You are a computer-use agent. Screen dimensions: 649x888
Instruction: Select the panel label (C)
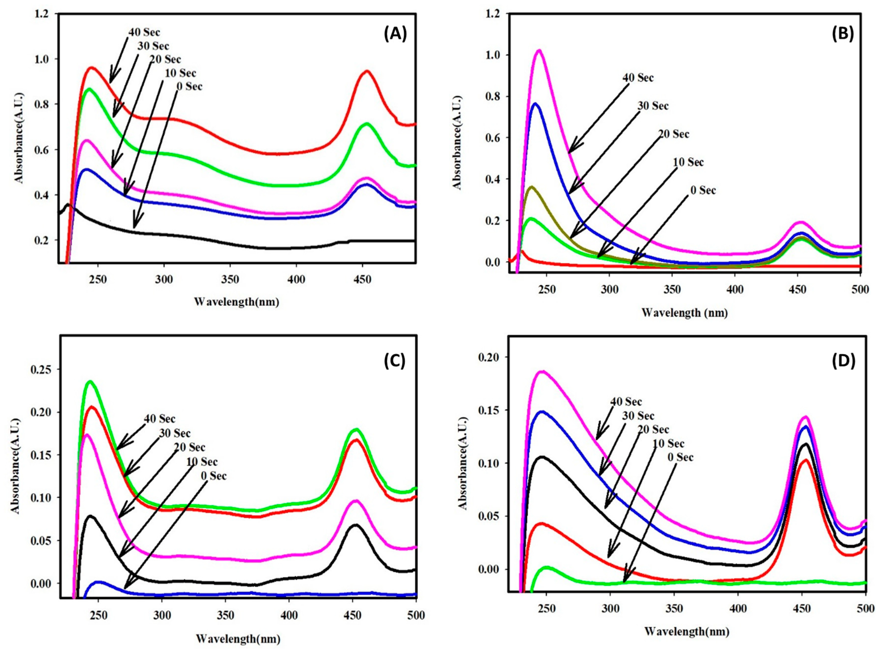[394, 361]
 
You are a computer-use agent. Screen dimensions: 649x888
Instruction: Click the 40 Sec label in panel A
[145, 33]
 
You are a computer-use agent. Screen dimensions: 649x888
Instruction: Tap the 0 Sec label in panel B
[703, 191]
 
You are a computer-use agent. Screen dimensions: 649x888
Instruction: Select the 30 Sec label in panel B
[653, 106]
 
